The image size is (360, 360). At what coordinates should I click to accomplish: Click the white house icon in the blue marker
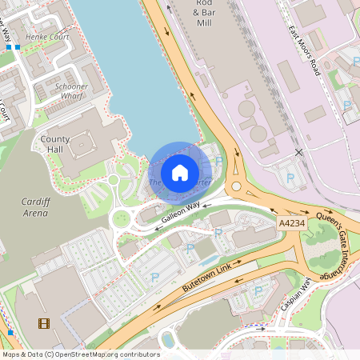point(179,172)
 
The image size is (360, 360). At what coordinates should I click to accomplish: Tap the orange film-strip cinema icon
point(42,323)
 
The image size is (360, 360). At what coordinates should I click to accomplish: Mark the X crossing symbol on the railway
point(299,152)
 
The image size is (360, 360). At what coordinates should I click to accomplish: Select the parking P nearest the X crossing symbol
point(290,178)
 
